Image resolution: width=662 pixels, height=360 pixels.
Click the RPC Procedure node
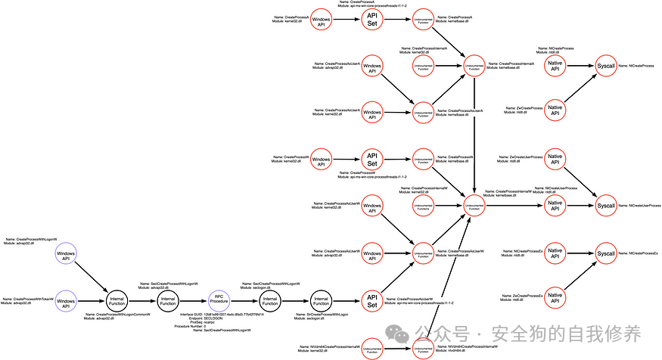tap(219, 300)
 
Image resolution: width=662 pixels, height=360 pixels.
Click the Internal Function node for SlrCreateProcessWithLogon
tap(322, 300)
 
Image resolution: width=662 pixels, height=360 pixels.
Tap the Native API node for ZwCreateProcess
tap(555, 110)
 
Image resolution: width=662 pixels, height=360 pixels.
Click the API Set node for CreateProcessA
tap(372, 20)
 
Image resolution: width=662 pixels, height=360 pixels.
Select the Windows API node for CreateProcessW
tap(322, 160)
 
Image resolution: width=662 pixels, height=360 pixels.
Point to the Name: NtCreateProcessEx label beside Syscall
tap(639, 253)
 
